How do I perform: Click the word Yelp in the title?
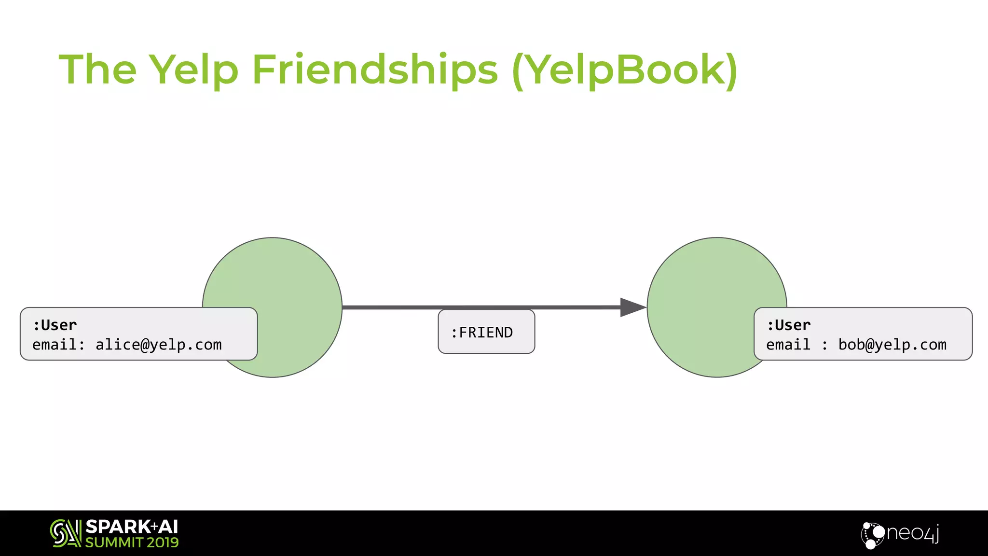[193, 70]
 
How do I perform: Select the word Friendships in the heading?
[375, 70]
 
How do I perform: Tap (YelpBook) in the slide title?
[625, 70]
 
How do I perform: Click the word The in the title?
[97, 70]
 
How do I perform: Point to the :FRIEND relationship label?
[486, 332]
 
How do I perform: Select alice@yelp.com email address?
[158, 345]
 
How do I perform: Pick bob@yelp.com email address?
[892, 345]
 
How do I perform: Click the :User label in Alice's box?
[55, 325]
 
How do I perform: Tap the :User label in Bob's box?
[789, 325]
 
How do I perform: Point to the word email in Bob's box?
[788, 345]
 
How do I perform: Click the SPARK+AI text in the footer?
[131, 527]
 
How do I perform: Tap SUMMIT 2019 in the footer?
[132, 542]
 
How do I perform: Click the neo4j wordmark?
[913, 533]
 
